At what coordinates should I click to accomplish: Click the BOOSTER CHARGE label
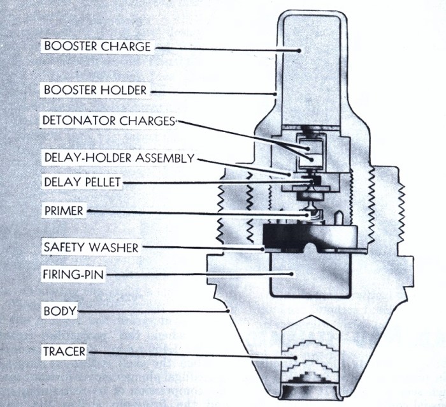point(97,47)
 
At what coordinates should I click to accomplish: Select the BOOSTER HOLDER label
point(95,90)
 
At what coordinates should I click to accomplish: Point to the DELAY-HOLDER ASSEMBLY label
point(117,158)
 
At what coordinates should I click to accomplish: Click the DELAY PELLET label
point(80,182)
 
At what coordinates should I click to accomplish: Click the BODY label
point(59,312)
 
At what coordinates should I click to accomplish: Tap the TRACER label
point(64,351)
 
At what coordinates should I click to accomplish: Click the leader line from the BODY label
point(153,312)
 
